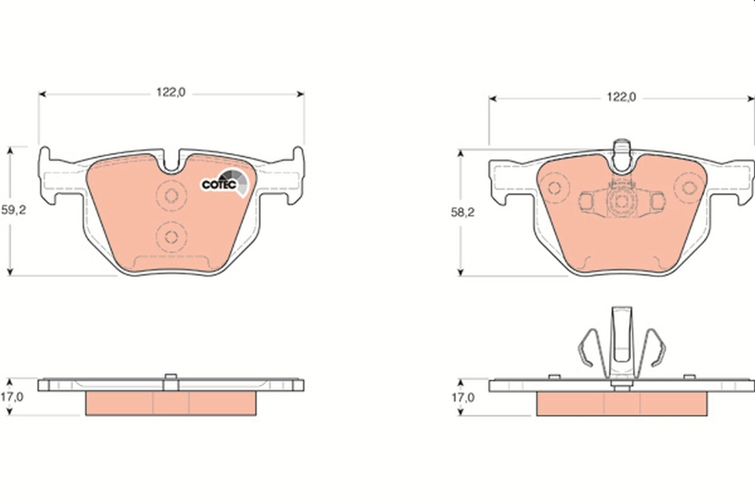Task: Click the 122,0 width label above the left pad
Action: click(x=171, y=93)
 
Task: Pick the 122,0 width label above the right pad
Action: click(x=622, y=97)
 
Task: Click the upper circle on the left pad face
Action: click(x=171, y=194)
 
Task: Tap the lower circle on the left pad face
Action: click(x=171, y=236)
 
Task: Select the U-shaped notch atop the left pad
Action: click(x=171, y=162)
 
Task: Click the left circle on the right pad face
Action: click(x=554, y=187)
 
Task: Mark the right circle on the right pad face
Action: click(x=689, y=187)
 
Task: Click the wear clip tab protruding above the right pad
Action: click(x=622, y=151)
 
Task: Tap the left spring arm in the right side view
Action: click(x=587, y=349)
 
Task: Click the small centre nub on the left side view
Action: click(x=171, y=377)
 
